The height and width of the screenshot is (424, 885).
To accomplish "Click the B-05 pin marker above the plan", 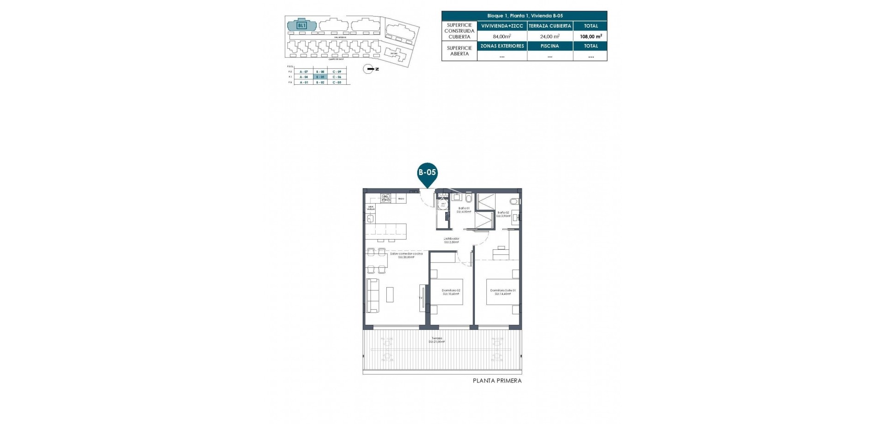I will (x=427, y=173).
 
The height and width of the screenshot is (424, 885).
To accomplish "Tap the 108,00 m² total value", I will (x=590, y=36).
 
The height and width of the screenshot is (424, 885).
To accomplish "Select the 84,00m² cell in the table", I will (x=501, y=36).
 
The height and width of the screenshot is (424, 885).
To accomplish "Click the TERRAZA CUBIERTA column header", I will (x=550, y=26).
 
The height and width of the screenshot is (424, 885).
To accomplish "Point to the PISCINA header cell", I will (x=550, y=46).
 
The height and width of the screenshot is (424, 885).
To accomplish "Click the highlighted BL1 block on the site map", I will (x=301, y=25).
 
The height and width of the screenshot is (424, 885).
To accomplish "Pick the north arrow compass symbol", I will (x=369, y=69).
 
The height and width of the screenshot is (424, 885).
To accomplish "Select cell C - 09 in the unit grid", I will (x=337, y=72).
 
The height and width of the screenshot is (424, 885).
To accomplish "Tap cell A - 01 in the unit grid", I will (x=304, y=82).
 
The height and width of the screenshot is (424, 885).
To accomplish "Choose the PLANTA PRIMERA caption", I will (x=497, y=381).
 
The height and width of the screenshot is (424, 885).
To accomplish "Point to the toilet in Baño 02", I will (x=515, y=201).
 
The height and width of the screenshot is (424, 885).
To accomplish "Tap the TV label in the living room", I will (x=420, y=298).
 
